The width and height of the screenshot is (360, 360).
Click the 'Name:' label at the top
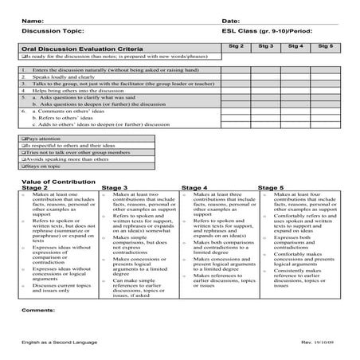pos(33,19)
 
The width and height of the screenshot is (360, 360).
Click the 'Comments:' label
pos(37,308)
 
